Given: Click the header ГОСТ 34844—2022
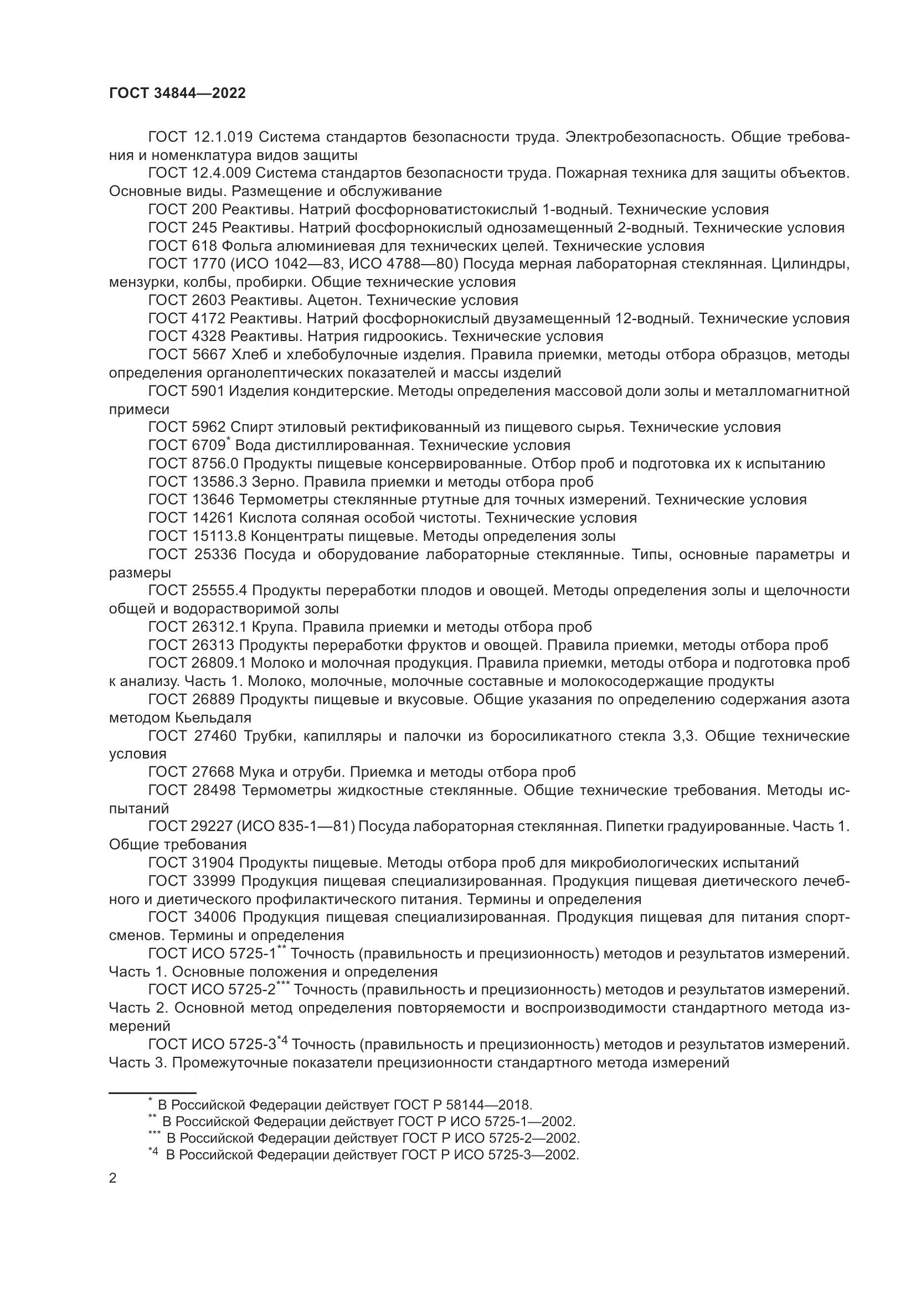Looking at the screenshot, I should (x=177, y=94).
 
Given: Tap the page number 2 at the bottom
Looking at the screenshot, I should (x=113, y=1178).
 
